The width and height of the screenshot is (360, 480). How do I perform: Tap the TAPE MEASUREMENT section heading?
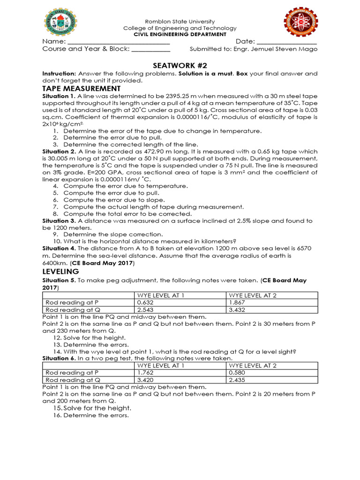pos(81,89)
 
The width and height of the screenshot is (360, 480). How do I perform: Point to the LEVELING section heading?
pos(60,271)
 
